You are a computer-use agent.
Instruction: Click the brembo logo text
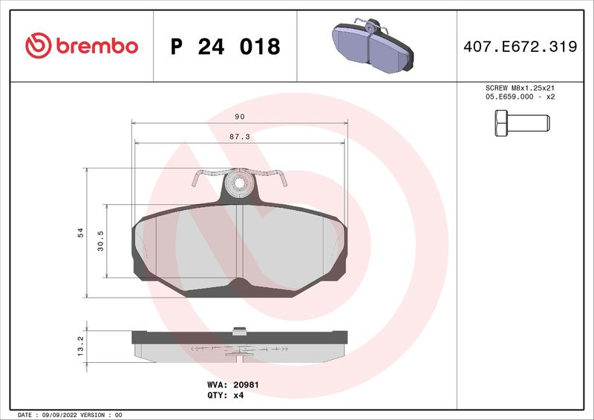tap(94, 46)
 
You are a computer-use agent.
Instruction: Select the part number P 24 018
tap(225, 47)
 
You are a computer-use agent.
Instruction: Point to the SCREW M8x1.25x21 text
tap(520, 88)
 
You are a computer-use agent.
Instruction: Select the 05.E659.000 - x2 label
tap(520, 97)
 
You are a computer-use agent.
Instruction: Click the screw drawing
tap(519, 122)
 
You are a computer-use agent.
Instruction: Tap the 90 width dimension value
tap(239, 117)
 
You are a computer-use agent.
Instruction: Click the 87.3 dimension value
tap(239, 137)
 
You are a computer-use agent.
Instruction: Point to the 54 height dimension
tap(80, 233)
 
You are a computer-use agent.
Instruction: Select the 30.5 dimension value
tap(101, 241)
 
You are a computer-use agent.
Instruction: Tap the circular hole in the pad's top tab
tap(238, 183)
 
